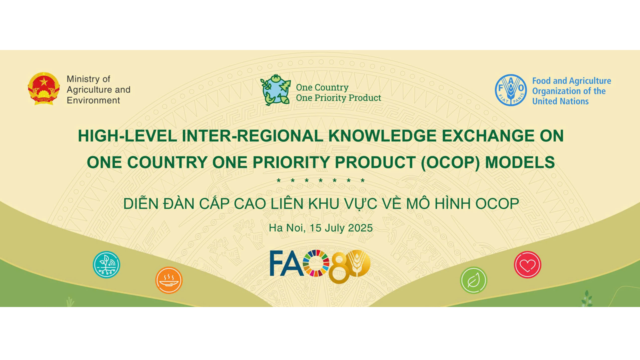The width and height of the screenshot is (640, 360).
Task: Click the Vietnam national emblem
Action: pyautogui.click(x=43, y=88)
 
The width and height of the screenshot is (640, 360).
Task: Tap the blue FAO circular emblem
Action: pyautogui.click(x=511, y=90)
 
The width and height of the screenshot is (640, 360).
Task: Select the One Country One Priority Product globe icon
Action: pyautogui.click(x=275, y=90)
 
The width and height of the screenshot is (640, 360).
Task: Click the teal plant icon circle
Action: pyautogui.click(x=106, y=264)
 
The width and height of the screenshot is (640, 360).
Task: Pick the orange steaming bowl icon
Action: pyautogui.click(x=169, y=280)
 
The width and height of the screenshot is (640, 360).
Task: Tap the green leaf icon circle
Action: pyautogui.click(x=473, y=280)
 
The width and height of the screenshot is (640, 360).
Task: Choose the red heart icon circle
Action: pyautogui.click(x=527, y=264)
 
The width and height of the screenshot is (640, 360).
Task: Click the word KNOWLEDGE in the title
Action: pyautogui.click(x=382, y=135)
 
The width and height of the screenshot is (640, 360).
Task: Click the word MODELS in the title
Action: pyautogui.click(x=520, y=162)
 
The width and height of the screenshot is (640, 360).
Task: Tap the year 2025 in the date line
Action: pyautogui.click(x=360, y=228)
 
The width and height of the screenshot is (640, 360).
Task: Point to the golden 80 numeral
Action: pyautogui.click(x=349, y=266)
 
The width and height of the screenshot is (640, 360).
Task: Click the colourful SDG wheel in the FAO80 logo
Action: pyautogui.click(x=315, y=263)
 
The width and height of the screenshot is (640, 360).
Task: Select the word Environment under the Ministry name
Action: pyautogui.click(x=93, y=100)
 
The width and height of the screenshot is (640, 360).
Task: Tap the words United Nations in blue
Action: pyautogui.click(x=560, y=101)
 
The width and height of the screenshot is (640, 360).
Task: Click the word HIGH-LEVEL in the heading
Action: pyautogui.click(x=127, y=135)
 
